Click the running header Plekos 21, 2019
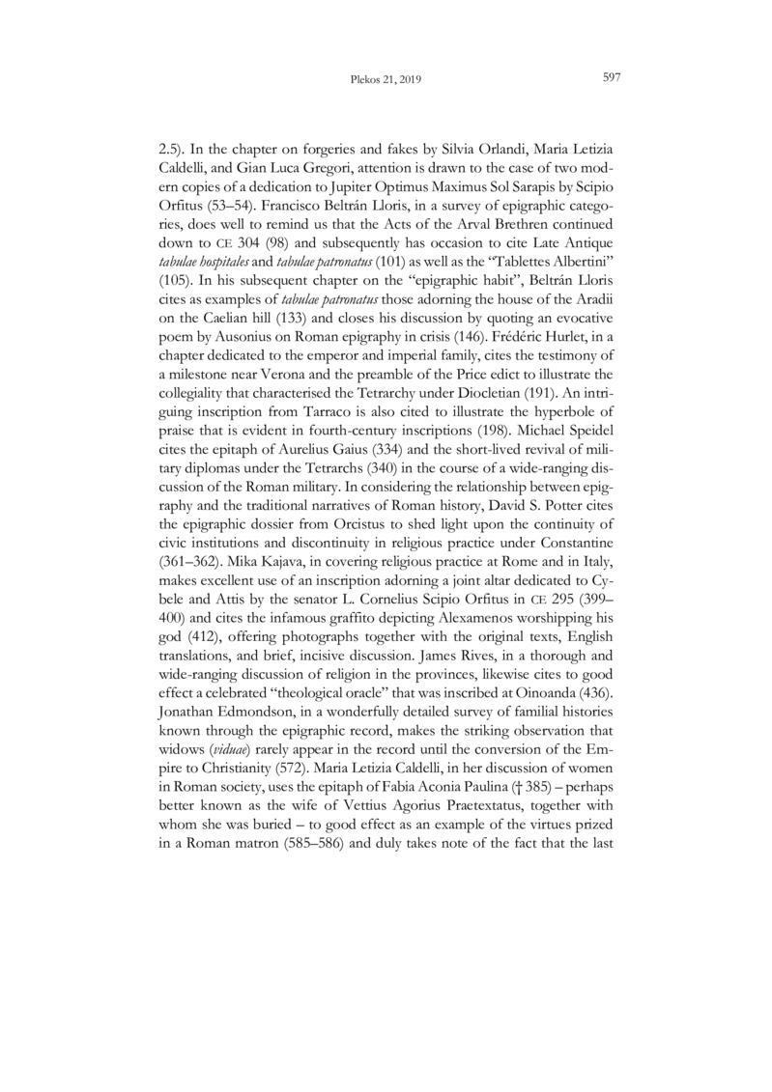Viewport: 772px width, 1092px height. tap(386, 79)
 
